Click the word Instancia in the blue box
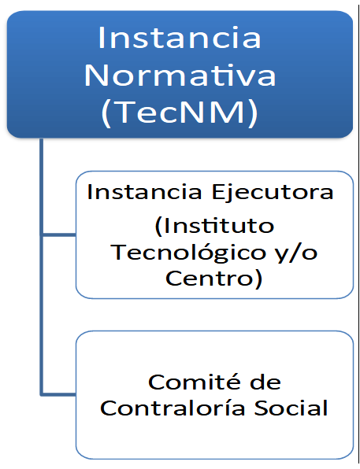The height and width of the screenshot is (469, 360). [180, 38]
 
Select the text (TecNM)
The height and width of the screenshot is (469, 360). [180, 113]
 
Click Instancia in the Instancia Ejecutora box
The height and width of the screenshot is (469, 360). [143, 192]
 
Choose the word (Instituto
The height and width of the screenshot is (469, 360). [214, 226]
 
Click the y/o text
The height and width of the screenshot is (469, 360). [297, 254]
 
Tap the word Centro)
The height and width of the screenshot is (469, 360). [213, 279]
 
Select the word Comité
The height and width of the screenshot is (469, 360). [195, 382]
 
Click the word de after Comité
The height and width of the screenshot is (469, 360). [265, 382]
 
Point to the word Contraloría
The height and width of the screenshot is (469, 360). [173, 408]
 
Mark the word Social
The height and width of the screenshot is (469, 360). [291, 408]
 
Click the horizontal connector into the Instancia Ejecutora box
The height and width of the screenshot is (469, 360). [59, 234]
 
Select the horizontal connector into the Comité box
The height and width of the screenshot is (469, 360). [59, 394]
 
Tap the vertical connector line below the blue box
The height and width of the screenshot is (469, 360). [42, 267]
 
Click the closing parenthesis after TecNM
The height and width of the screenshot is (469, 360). [254, 114]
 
